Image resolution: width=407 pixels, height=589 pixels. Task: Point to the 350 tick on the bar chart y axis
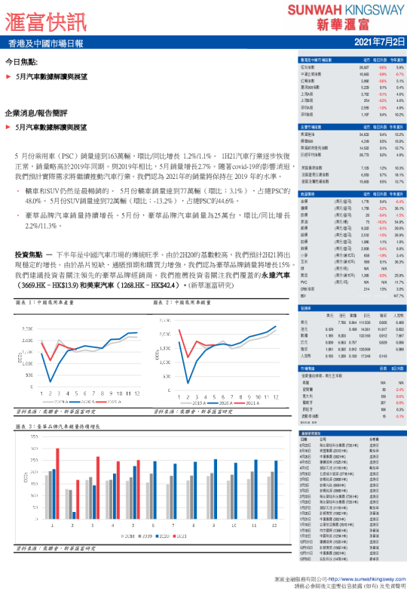pyautogui.click(x=36, y=438)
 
